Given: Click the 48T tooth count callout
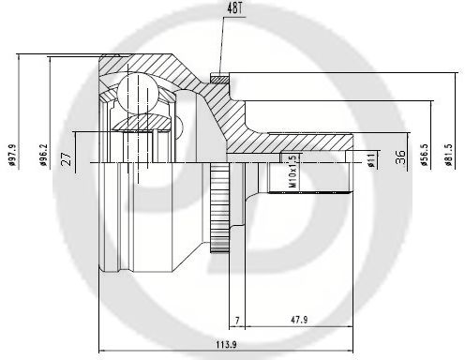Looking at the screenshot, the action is tap(234, 9).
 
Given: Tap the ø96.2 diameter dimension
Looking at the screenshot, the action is tap(43, 155).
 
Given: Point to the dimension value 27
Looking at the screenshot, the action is tap(67, 158).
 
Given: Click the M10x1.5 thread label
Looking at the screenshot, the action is tap(292, 172).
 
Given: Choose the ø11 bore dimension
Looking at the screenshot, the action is tap(371, 158).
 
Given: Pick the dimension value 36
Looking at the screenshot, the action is tap(400, 157).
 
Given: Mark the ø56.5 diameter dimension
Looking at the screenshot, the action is tap(424, 155).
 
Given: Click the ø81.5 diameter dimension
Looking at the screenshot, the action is tap(449, 155).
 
